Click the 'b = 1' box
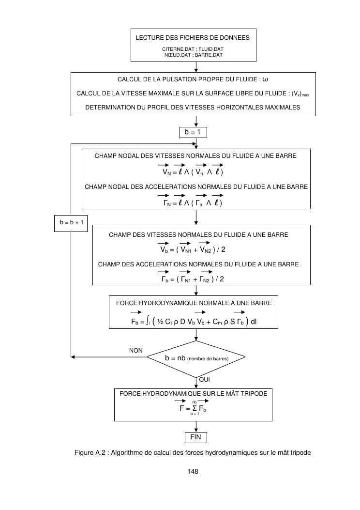click(x=193, y=132)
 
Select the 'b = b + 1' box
click(x=71, y=222)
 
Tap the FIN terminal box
click(x=195, y=437)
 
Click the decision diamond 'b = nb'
click(x=196, y=358)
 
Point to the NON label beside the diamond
click(x=135, y=350)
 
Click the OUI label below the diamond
click(x=205, y=379)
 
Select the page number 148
click(x=193, y=471)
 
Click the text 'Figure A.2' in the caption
click(x=90, y=453)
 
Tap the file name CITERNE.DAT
click(x=177, y=49)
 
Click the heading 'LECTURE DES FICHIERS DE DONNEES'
click(x=193, y=37)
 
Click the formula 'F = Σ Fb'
click(x=196, y=408)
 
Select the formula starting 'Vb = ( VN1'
click(x=193, y=250)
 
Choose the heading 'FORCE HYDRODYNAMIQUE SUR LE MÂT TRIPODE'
click(x=193, y=394)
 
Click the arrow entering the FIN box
click(x=196, y=427)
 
